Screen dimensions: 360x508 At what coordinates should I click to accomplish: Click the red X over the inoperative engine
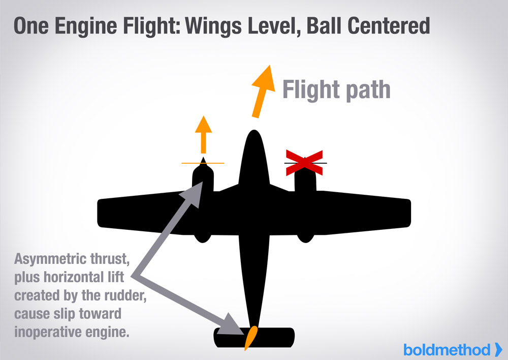pyautogui.click(x=304, y=163)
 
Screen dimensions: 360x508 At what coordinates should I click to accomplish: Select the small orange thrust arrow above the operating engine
pyautogui.click(x=203, y=133)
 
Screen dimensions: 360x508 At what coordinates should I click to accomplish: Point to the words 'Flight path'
pyautogui.click(x=336, y=91)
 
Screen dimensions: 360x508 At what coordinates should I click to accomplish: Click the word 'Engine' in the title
pyautogui.click(x=86, y=26)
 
